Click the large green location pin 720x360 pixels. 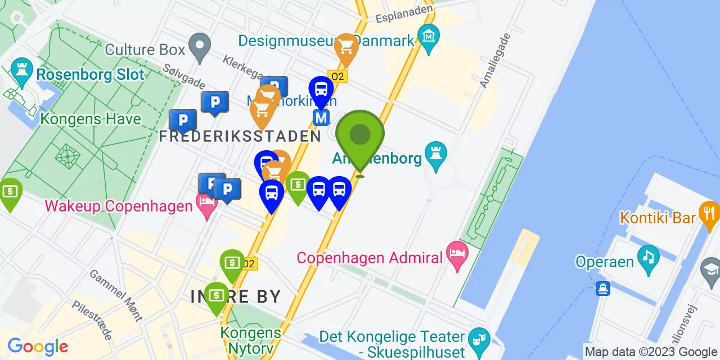click(x=360, y=136)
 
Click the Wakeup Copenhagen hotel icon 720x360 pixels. click(x=206, y=204)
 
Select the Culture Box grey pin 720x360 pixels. click(x=199, y=47)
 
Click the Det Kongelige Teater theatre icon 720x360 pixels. click(x=479, y=339)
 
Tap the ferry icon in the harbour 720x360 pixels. click(x=602, y=289)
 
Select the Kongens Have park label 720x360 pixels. click(x=91, y=119)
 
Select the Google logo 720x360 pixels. click(x=38, y=346)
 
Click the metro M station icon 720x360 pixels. click(x=321, y=118)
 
